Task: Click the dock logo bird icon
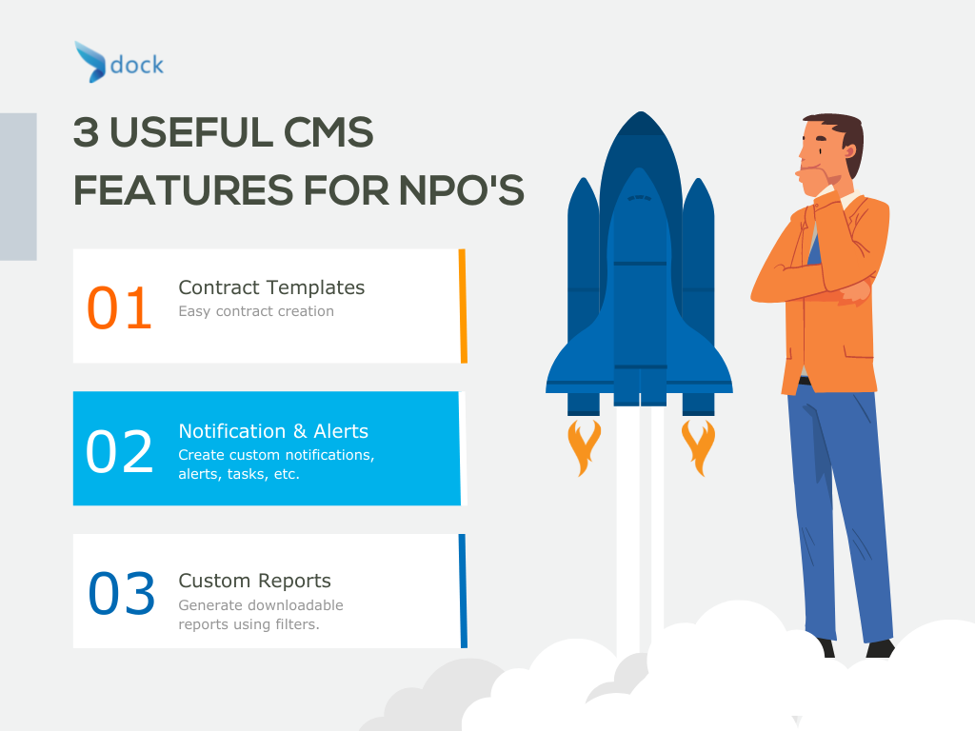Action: tap(90, 62)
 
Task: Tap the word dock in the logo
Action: tap(137, 65)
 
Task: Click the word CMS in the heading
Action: tap(328, 132)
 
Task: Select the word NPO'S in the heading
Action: tap(461, 189)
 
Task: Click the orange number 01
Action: tap(119, 307)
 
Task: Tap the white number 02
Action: tap(119, 451)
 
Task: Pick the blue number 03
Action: tap(121, 594)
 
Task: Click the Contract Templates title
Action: tap(271, 287)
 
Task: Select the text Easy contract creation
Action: tap(256, 311)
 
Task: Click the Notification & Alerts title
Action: tap(273, 431)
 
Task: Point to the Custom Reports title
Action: tap(254, 581)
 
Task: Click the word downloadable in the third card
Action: tap(296, 604)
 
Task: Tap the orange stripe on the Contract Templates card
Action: tap(463, 306)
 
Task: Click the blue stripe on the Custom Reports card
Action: tap(463, 590)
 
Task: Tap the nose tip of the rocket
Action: tap(641, 112)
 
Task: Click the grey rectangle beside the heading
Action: tap(18, 187)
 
